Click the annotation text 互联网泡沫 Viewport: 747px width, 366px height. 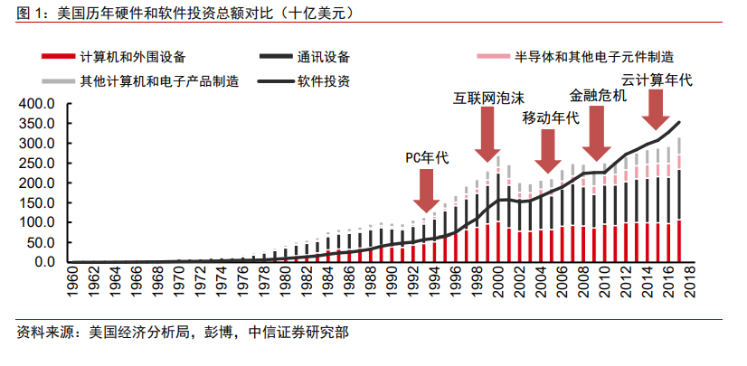pos(488,97)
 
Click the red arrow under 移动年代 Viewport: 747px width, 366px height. pos(547,151)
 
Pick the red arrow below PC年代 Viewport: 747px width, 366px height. pos(425,190)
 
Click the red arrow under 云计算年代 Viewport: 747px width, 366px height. pos(657,110)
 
